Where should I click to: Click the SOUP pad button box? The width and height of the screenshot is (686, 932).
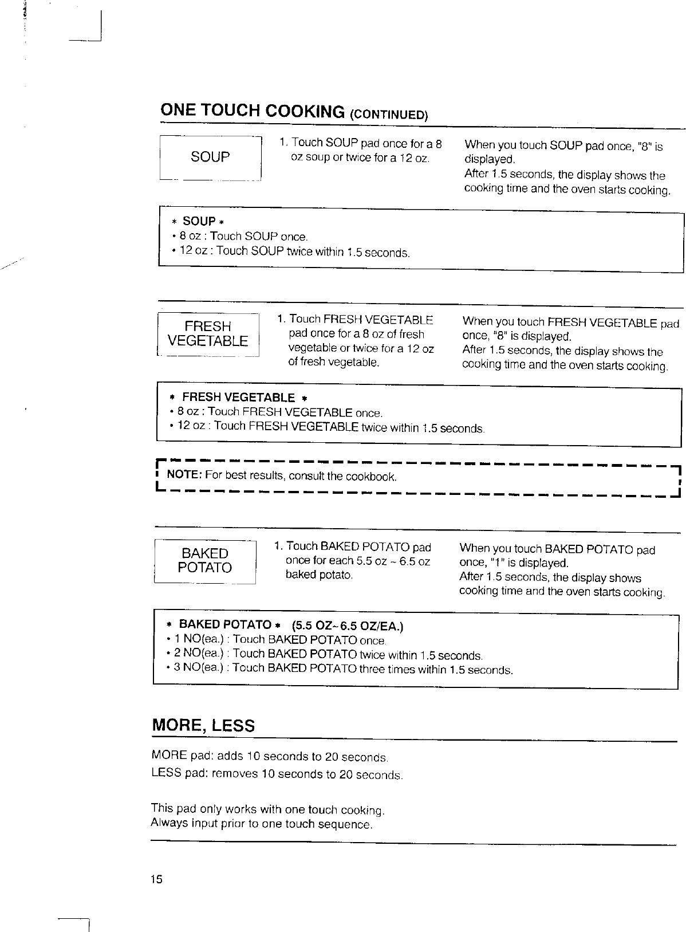pyautogui.click(x=210, y=158)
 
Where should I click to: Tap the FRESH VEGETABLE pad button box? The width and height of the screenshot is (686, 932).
pyautogui.click(x=208, y=335)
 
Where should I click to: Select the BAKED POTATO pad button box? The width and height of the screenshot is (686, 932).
pyautogui.click(x=204, y=561)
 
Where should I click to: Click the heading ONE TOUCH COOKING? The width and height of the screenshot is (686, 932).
pyautogui.click(x=253, y=111)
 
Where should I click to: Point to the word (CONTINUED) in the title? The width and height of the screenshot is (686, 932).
pyautogui.click(x=389, y=113)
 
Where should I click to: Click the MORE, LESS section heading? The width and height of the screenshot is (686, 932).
pyautogui.click(x=203, y=726)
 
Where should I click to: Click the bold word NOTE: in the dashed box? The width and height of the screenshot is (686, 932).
pyautogui.click(x=183, y=475)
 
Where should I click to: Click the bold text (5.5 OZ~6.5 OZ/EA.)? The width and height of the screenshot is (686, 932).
pyautogui.click(x=347, y=626)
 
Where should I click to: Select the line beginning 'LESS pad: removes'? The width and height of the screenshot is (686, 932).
pyautogui.click(x=277, y=774)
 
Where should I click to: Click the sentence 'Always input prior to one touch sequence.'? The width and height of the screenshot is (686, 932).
pyautogui.click(x=262, y=824)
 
